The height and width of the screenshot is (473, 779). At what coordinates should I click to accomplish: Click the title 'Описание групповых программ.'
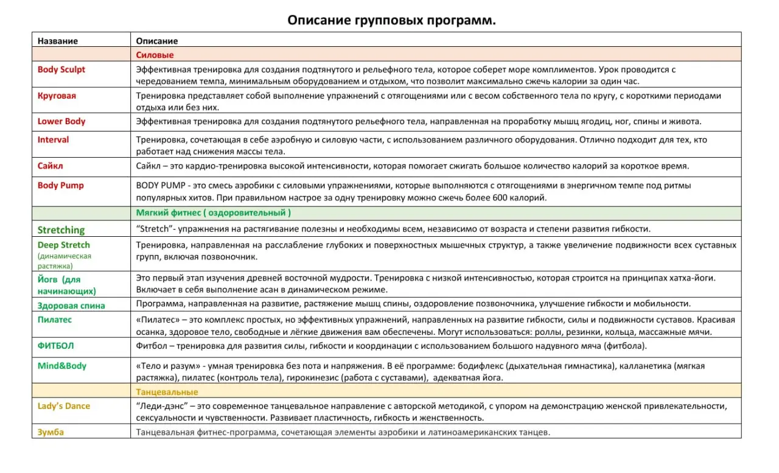[x=391, y=20]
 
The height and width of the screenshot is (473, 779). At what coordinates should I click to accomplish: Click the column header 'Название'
[x=58, y=41]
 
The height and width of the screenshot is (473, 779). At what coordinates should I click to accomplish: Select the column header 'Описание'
[x=156, y=41]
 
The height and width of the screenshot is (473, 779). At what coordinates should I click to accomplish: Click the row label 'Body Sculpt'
[x=61, y=69]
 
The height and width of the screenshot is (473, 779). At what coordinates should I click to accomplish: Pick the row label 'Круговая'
[x=57, y=96]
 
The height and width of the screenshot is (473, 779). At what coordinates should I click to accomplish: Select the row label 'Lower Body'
[x=61, y=121]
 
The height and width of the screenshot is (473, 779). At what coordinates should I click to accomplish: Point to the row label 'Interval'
[x=54, y=139]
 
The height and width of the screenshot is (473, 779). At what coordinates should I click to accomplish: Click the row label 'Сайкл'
[x=51, y=166]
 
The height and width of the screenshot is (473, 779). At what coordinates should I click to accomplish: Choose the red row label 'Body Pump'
[x=61, y=185]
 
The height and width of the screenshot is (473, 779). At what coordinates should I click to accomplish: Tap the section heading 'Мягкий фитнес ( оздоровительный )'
[x=213, y=212]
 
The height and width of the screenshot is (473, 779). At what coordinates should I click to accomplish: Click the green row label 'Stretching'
[x=61, y=229]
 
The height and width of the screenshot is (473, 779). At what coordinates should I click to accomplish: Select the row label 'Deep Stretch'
[x=63, y=245]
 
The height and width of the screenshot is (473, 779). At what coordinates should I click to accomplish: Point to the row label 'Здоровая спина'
[x=71, y=306]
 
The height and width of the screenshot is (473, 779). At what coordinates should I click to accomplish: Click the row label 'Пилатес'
[x=55, y=320]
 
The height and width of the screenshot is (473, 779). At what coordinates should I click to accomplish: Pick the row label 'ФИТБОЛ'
[x=55, y=345]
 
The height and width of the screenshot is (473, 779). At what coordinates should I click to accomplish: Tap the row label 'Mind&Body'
[x=62, y=366]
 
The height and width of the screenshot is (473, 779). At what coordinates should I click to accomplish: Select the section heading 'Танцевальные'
[x=167, y=391]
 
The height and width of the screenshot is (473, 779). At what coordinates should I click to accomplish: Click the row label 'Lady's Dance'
[x=64, y=406]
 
